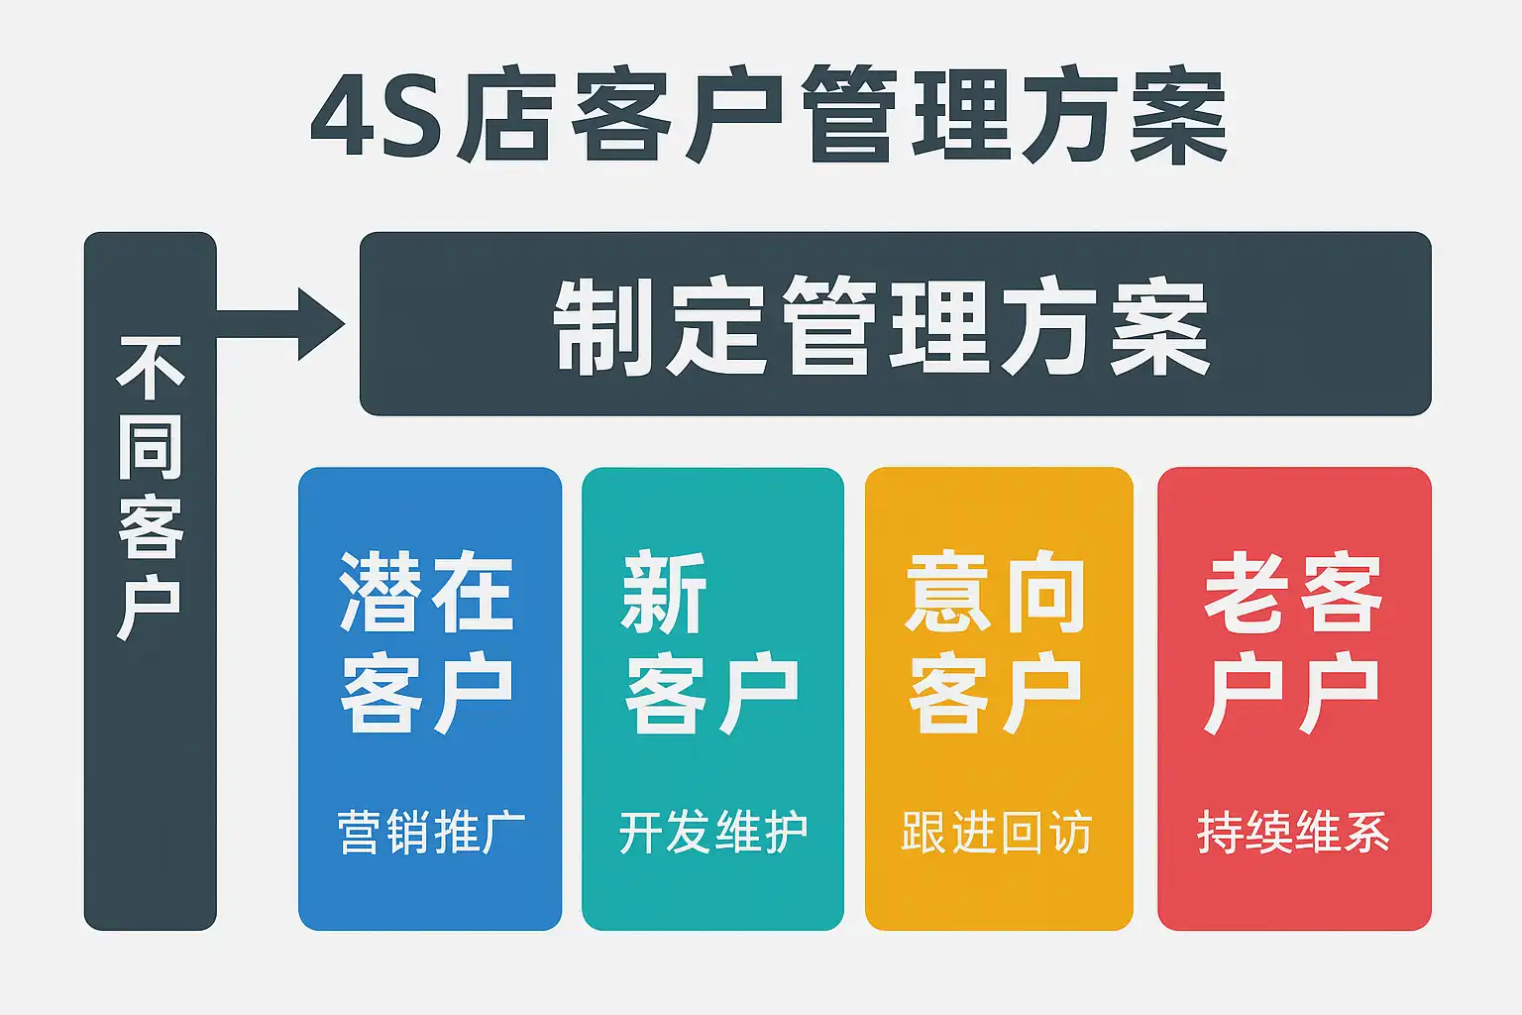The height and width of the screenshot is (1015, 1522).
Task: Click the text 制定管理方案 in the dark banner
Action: pos(882,326)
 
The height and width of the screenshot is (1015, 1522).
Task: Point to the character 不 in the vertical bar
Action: pos(151,369)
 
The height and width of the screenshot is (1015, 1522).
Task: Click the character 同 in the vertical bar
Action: pos(151,448)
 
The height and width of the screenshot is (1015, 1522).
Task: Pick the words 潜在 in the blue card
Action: pos(427,593)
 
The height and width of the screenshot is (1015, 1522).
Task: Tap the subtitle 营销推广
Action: pos(431,832)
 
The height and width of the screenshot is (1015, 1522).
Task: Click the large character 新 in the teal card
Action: pos(664,593)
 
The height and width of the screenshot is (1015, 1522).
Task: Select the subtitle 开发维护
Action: pos(713,832)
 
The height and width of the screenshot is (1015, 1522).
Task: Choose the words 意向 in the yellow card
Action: pos(996,593)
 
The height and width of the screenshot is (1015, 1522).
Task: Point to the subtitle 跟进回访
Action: pos(996,832)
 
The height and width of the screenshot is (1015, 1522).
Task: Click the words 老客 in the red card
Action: pos(1292,593)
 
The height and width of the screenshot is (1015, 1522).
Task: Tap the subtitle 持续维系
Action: pos(1293,832)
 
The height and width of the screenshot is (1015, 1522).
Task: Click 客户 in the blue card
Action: pos(427,692)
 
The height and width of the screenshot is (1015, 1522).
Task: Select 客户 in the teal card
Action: pos(711,692)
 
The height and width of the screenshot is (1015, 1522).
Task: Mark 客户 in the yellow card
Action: pos(996,692)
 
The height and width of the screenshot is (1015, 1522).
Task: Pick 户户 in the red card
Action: pos(1292,692)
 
